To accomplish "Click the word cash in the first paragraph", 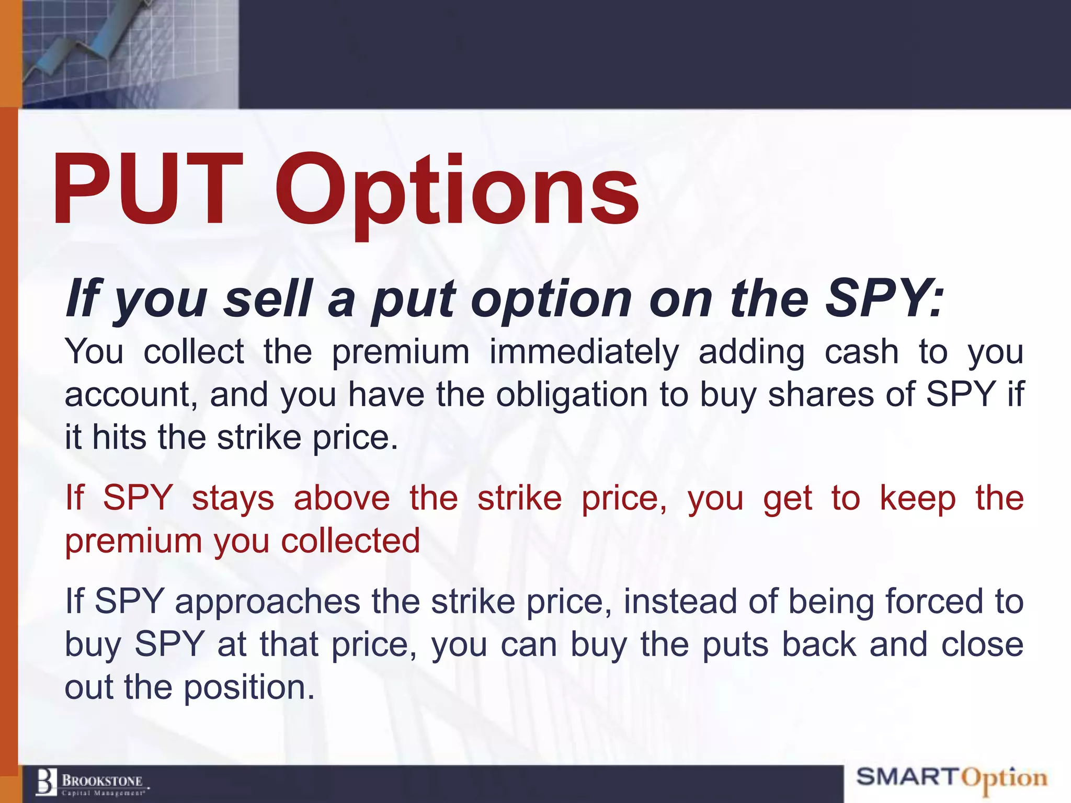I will point(862,351).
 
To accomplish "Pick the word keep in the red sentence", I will point(918,498).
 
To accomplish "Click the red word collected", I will point(350,541).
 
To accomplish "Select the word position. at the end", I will point(249,688).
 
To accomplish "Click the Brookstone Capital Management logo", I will point(92,782).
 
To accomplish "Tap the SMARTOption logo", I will point(951,778).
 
